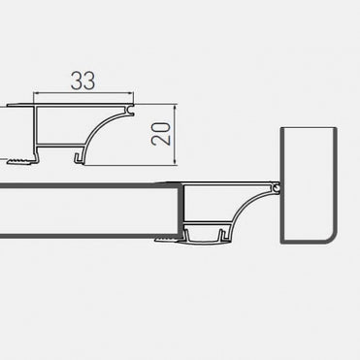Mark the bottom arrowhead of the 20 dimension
175,155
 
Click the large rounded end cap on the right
309,184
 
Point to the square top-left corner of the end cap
283,127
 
